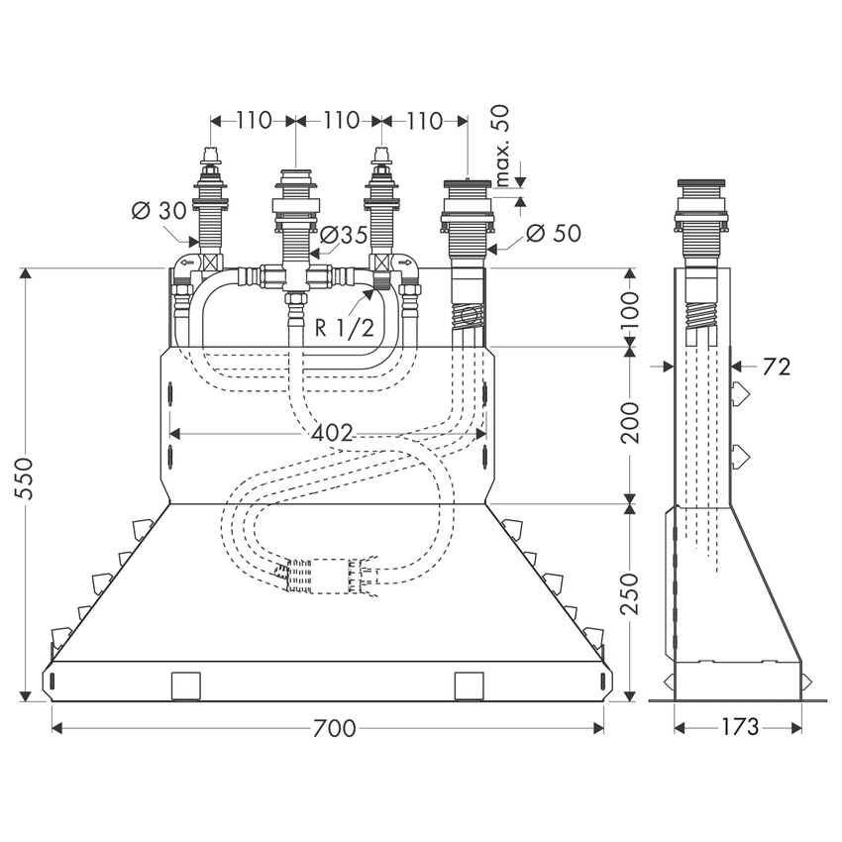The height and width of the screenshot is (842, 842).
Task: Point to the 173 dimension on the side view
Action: [x=739, y=728]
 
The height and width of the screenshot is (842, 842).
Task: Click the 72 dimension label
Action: [x=778, y=367]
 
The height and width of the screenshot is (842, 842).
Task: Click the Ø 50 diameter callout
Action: [x=553, y=234]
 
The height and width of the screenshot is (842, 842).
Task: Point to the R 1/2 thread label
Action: [x=344, y=327]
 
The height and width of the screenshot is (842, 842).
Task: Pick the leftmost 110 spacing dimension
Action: [x=254, y=121]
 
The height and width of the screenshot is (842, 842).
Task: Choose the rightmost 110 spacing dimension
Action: [x=424, y=121]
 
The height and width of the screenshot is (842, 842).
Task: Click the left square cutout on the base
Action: [x=186, y=684]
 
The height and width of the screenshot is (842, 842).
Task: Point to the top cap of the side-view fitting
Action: [x=702, y=185]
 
